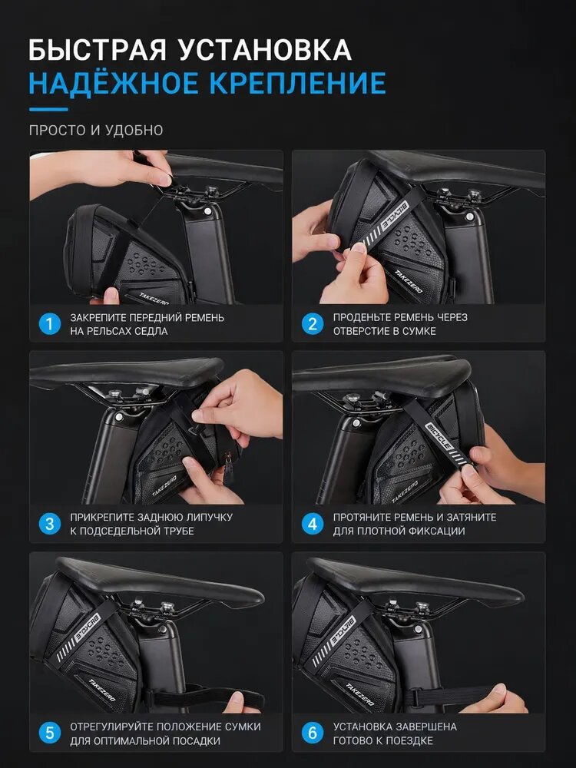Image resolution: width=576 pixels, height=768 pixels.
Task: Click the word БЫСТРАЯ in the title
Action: pyautogui.click(x=97, y=50)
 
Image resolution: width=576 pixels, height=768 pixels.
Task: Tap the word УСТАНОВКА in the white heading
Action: pyautogui.click(x=265, y=50)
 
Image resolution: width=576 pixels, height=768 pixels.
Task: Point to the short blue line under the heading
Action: pyautogui.click(x=48, y=109)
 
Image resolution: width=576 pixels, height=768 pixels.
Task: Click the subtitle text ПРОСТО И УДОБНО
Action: pyautogui.click(x=96, y=131)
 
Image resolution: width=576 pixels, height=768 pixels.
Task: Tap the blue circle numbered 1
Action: pyautogui.click(x=49, y=324)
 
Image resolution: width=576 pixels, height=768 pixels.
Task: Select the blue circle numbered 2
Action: pyautogui.click(x=313, y=324)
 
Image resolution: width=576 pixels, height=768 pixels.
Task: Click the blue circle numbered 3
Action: pyautogui.click(x=49, y=524)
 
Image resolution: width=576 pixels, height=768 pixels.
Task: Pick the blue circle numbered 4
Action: pyautogui.click(x=313, y=524)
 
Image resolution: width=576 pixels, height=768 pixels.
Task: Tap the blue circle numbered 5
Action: pyautogui.click(x=49, y=733)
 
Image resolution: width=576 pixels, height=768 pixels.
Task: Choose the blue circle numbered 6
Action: pyautogui.click(x=313, y=733)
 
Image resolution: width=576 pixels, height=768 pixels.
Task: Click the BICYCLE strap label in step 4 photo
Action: pyautogui.click(x=439, y=436)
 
